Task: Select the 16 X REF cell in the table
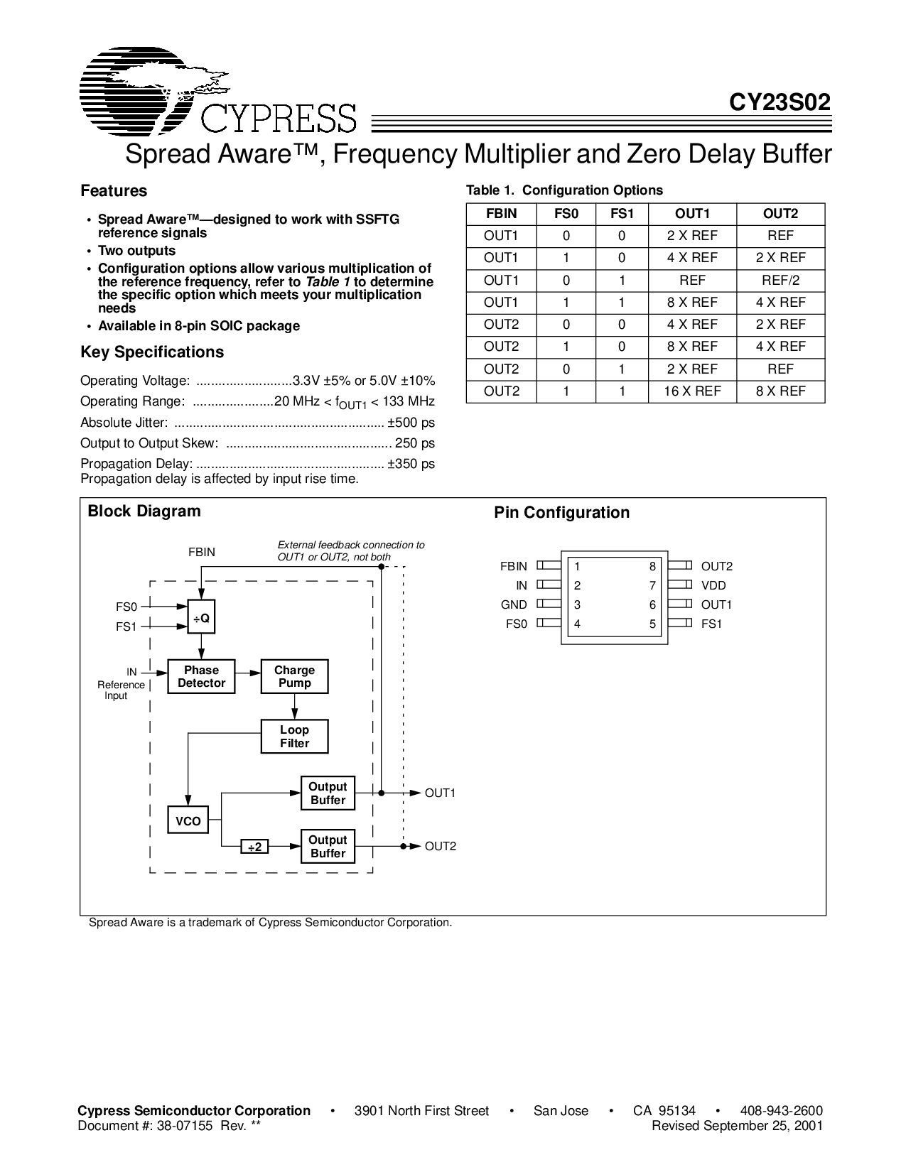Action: click(x=692, y=391)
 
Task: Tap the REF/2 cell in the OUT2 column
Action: click(x=780, y=280)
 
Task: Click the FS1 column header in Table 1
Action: click(x=622, y=213)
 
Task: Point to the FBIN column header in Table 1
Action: click(x=501, y=213)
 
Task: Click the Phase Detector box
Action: click(x=201, y=677)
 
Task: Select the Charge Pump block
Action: click(x=294, y=677)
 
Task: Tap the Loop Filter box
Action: click(x=294, y=737)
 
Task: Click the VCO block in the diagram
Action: click(x=188, y=821)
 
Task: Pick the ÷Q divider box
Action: click(x=201, y=618)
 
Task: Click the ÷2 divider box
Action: click(x=254, y=847)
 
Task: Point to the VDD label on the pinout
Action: click(x=713, y=586)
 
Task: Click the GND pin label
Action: click(x=514, y=605)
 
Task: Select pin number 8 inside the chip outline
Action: click(x=652, y=567)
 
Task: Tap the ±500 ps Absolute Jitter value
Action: click(x=411, y=423)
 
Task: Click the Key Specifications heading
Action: click(x=152, y=352)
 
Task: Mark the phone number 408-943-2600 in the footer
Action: click(x=781, y=1111)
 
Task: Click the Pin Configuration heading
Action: click(x=561, y=513)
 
